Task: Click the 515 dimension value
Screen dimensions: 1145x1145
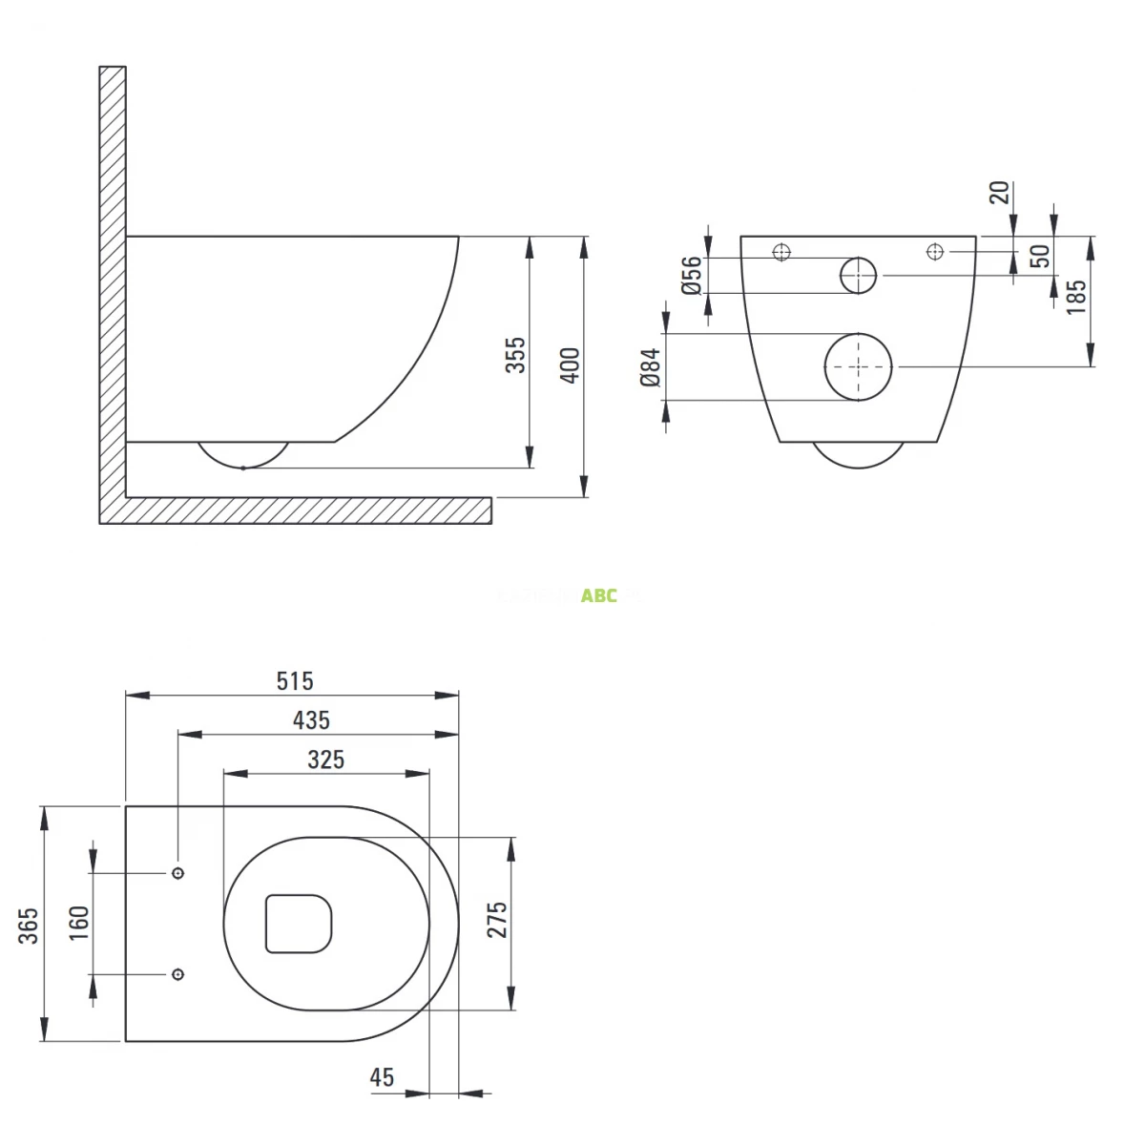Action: coord(295,681)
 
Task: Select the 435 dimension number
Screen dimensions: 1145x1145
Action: coord(311,720)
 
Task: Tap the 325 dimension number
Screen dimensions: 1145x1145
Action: coord(325,760)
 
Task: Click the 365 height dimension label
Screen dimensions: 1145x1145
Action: coord(30,926)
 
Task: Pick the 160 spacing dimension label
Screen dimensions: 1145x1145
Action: coord(78,924)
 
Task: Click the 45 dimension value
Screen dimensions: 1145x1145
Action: coord(382,1077)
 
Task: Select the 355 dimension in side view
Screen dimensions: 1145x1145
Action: coord(515,355)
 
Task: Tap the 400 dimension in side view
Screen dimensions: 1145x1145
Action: coord(570,365)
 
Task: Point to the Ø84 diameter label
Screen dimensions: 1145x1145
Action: coord(651,367)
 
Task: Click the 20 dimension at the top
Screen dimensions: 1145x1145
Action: coord(999,193)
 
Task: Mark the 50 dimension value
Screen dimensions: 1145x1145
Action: coord(1041,255)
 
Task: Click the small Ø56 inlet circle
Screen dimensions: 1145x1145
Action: coord(858,276)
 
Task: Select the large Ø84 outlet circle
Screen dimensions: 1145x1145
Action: coord(858,367)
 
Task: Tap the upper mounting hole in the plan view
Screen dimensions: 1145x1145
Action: coord(177,873)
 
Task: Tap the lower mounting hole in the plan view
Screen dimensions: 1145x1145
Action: coord(177,974)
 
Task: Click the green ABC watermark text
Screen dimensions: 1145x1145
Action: coord(599,596)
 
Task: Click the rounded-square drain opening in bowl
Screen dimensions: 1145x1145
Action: coord(299,924)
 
